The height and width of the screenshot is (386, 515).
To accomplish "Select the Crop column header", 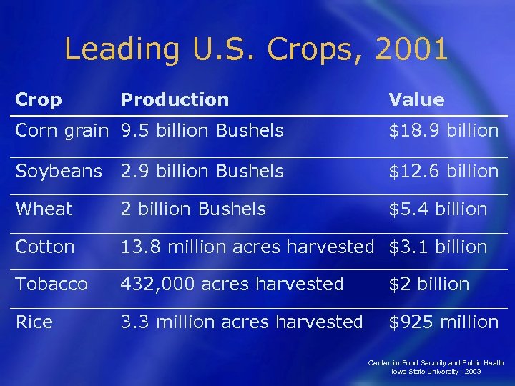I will point(39,100).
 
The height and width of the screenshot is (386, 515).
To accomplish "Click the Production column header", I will point(175,100).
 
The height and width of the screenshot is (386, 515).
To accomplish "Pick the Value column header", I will point(416,100).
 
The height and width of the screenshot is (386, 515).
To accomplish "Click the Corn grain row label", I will point(64,131).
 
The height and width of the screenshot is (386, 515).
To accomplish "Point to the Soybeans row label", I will point(59,172).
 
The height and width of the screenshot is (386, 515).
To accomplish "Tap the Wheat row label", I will point(44,209).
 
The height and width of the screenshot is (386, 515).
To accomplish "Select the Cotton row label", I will point(45,247).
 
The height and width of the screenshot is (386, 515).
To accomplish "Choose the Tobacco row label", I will point(51,284).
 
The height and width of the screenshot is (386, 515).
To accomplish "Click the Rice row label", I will point(34,322).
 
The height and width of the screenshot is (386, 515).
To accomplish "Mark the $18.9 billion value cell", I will point(443,131).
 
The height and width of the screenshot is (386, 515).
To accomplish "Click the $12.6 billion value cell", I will point(443,172).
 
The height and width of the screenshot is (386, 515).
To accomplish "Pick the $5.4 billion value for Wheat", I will point(438,209).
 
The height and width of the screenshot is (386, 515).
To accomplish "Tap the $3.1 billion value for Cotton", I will point(438,247).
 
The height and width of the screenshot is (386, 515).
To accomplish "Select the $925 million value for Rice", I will point(443,322).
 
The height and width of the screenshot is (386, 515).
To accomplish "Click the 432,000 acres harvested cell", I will point(232,284).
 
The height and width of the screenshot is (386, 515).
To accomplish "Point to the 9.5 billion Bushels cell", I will point(202,131).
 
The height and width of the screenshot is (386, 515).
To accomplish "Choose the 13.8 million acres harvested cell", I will point(247,247).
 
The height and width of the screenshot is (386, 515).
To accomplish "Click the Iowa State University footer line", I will point(436,372).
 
